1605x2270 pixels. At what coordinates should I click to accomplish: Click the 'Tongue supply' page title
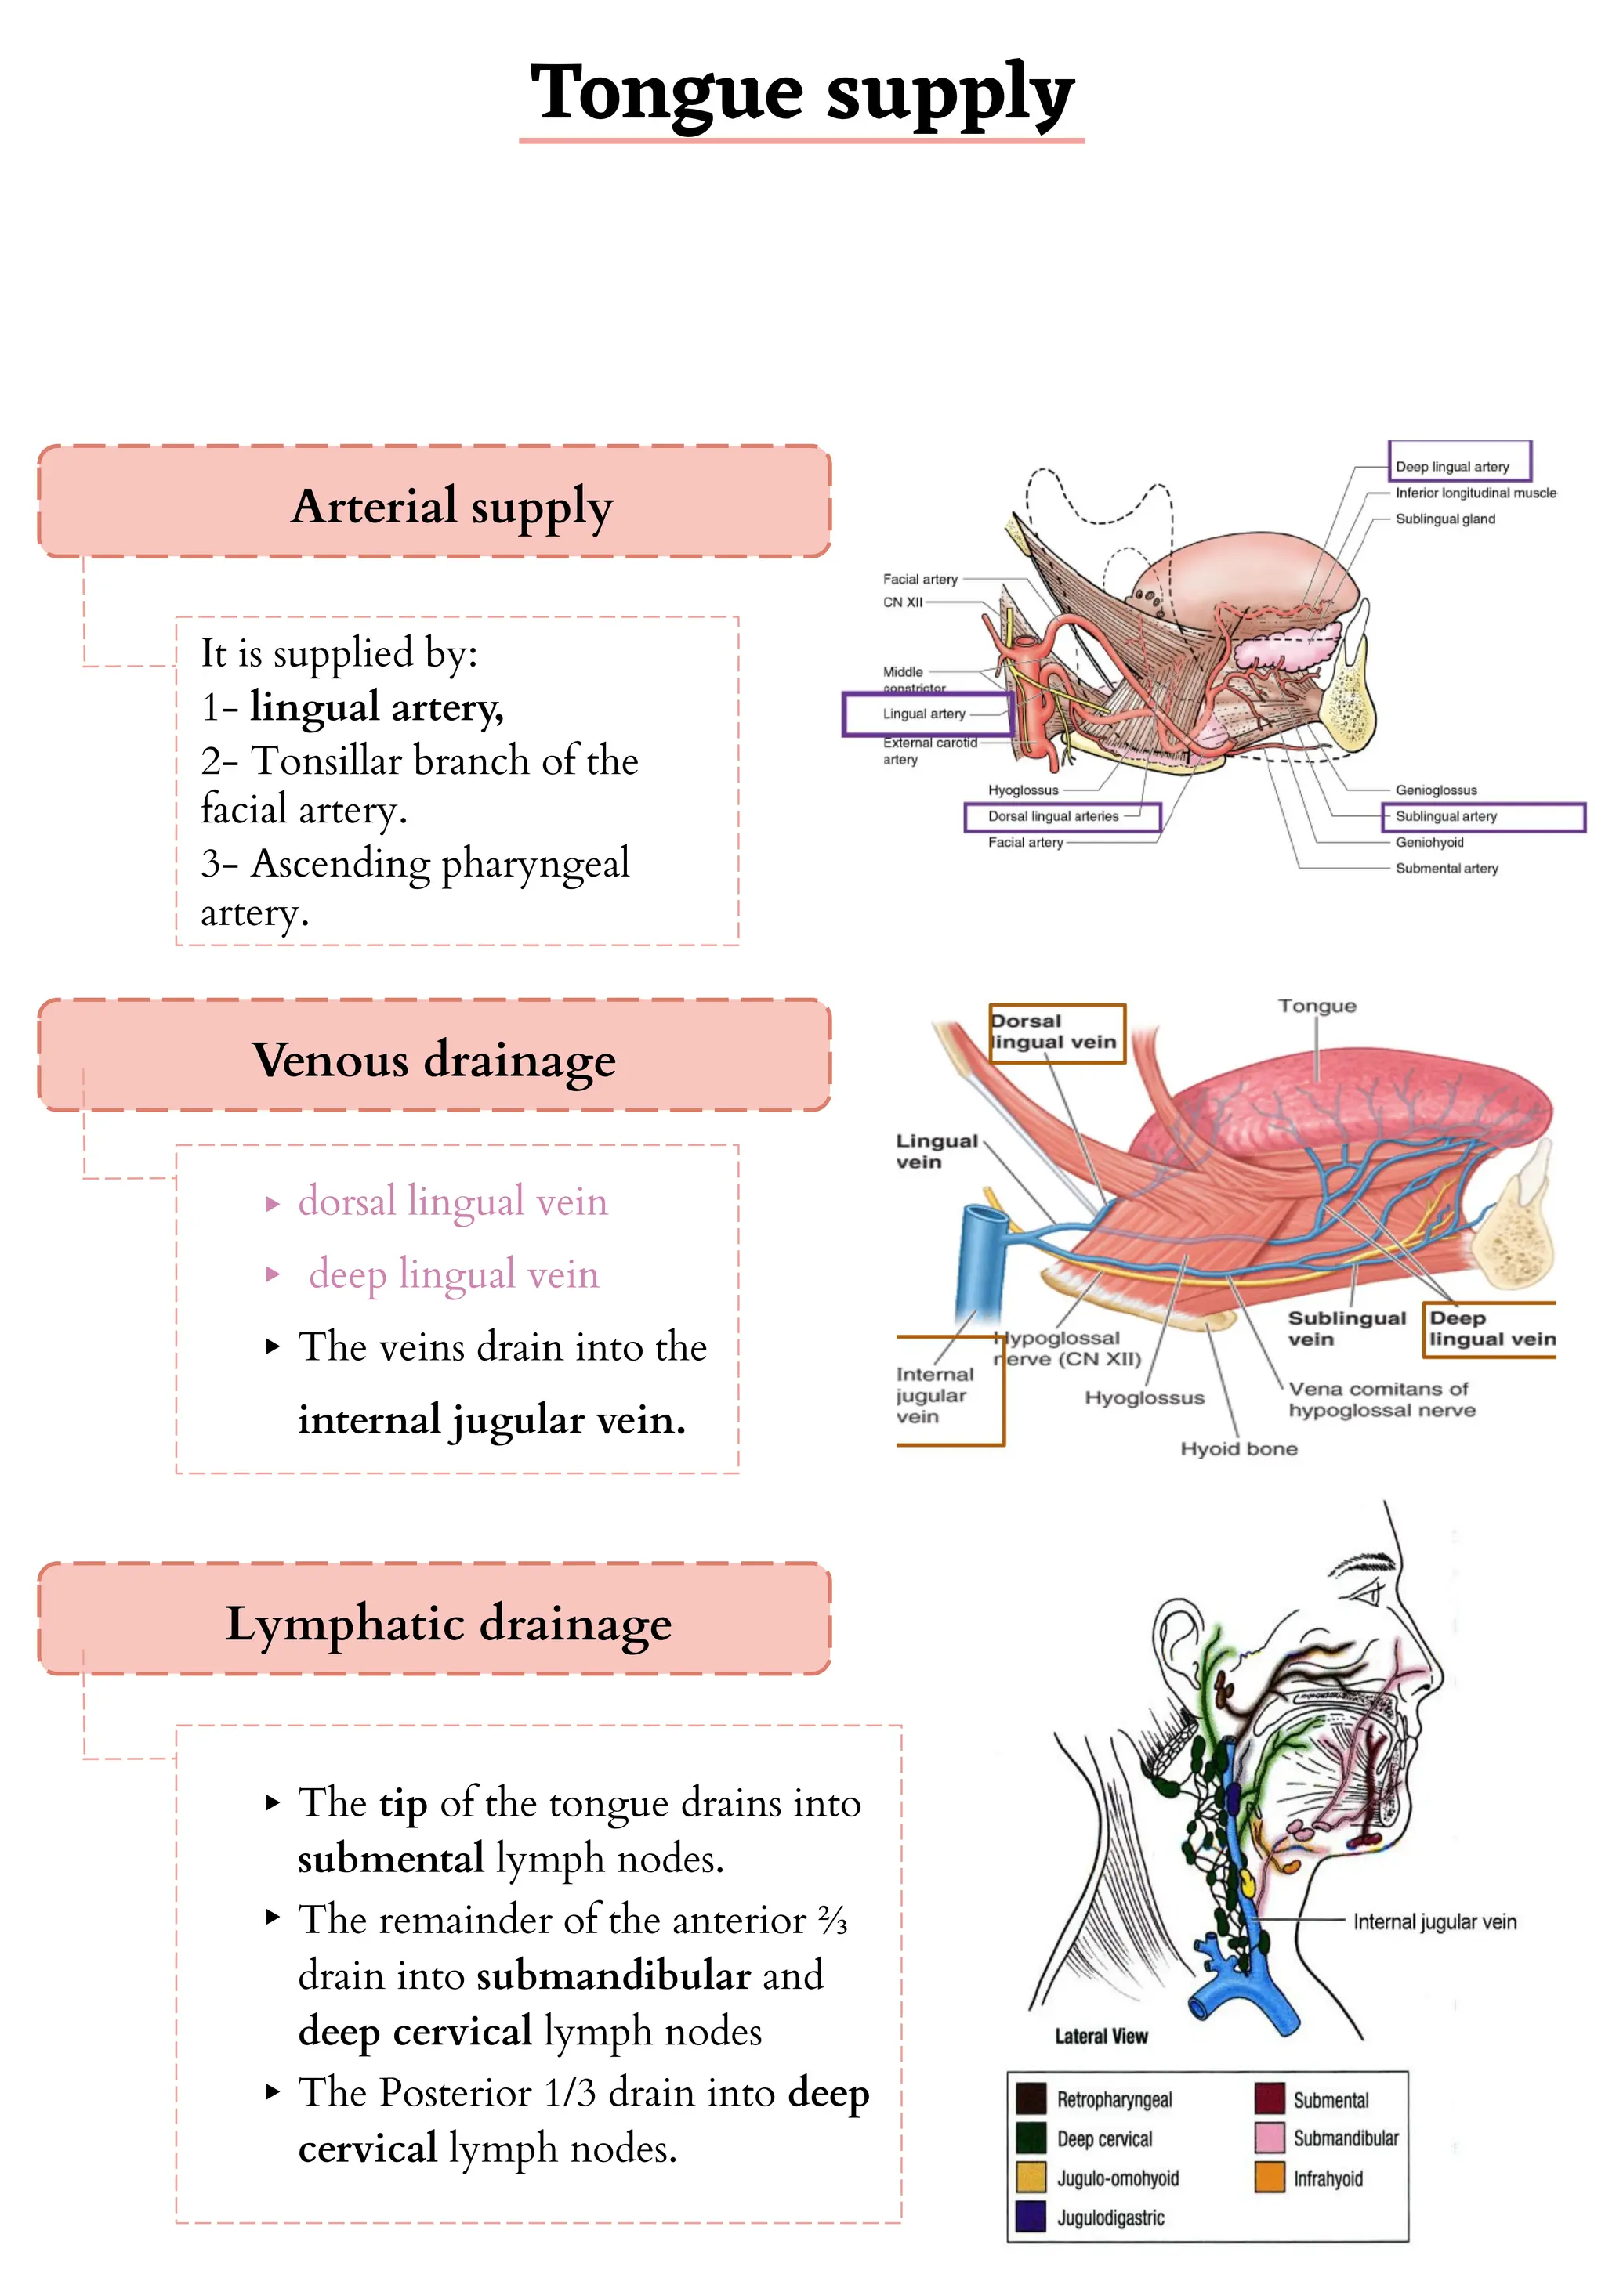pos(801,94)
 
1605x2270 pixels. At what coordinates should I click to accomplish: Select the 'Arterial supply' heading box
pos(434,501)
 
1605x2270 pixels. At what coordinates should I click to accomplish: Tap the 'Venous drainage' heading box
pos(434,1056)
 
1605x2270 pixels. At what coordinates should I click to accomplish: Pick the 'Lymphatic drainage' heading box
pos(434,1619)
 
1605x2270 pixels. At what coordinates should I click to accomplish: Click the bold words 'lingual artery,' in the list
pos(377,707)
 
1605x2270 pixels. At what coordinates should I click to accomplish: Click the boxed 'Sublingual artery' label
pos(1447,817)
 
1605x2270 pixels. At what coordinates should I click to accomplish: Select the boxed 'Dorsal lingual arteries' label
pos(1054,817)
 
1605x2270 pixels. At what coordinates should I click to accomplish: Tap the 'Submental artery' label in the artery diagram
pos(1447,869)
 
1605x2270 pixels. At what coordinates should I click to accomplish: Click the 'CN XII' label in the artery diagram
pos(903,602)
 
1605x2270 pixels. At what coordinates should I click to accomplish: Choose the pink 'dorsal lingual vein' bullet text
pos(452,1202)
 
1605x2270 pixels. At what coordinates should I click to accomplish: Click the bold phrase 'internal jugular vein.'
pos(491,1421)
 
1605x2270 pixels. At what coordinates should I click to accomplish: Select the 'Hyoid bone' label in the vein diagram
pos(1238,1448)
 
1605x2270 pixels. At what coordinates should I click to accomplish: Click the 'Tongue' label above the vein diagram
pos(1317,1007)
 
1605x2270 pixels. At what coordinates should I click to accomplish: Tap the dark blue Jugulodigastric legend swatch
pos(1031,2217)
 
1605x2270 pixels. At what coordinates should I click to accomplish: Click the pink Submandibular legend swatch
pos(1269,2138)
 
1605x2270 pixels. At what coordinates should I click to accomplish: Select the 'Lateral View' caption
pos(1100,2037)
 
